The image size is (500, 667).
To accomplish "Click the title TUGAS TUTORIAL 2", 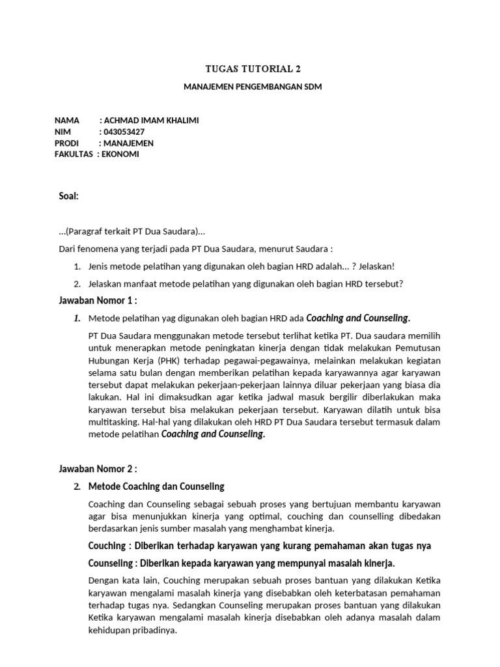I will point(250,68).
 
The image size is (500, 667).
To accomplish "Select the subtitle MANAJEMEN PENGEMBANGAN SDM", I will point(250,87).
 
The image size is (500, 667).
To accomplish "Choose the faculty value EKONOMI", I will point(120,154).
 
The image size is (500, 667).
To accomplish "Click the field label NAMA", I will point(66,121).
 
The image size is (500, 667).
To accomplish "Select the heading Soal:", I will point(68,196).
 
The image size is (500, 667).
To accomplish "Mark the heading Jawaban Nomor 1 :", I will point(98,300).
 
